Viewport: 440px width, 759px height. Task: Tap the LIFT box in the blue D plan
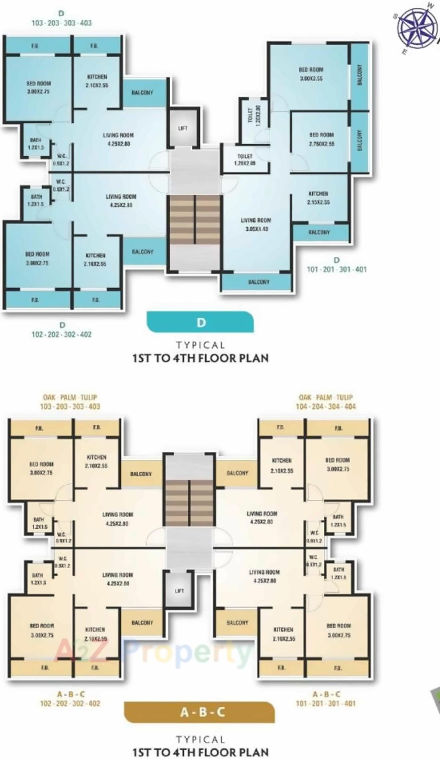(x=183, y=128)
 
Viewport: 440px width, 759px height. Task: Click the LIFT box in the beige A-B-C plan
(x=179, y=591)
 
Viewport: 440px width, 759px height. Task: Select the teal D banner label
(x=200, y=322)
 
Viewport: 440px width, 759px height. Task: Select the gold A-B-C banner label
(x=199, y=712)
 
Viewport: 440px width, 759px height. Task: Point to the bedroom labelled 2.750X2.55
(x=321, y=139)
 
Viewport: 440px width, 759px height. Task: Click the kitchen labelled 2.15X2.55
(x=318, y=198)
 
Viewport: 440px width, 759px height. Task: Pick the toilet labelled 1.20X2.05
(x=245, y=160)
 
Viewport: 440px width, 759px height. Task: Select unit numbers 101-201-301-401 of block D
(x=336, y=269)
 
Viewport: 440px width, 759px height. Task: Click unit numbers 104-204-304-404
(x=326, y=406)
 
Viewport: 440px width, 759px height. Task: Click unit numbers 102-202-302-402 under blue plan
(x=62, y=334)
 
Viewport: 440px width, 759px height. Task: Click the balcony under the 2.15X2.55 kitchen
(x=319, y=232)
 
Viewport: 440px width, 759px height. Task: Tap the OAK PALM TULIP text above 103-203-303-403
(x=70, y=397)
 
